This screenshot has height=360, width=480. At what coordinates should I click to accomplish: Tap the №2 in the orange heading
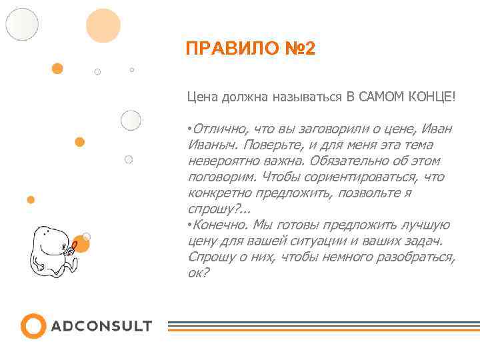click(299, 49)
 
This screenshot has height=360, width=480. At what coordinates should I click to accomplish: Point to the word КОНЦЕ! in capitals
click(435, 97)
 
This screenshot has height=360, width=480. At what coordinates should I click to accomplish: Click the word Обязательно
click(347, 161)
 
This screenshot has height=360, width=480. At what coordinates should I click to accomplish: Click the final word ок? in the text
click(199, 273)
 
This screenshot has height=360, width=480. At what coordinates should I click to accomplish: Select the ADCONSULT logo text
click(101, 326)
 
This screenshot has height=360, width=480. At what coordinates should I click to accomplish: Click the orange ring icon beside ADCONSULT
click(33, 326)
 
